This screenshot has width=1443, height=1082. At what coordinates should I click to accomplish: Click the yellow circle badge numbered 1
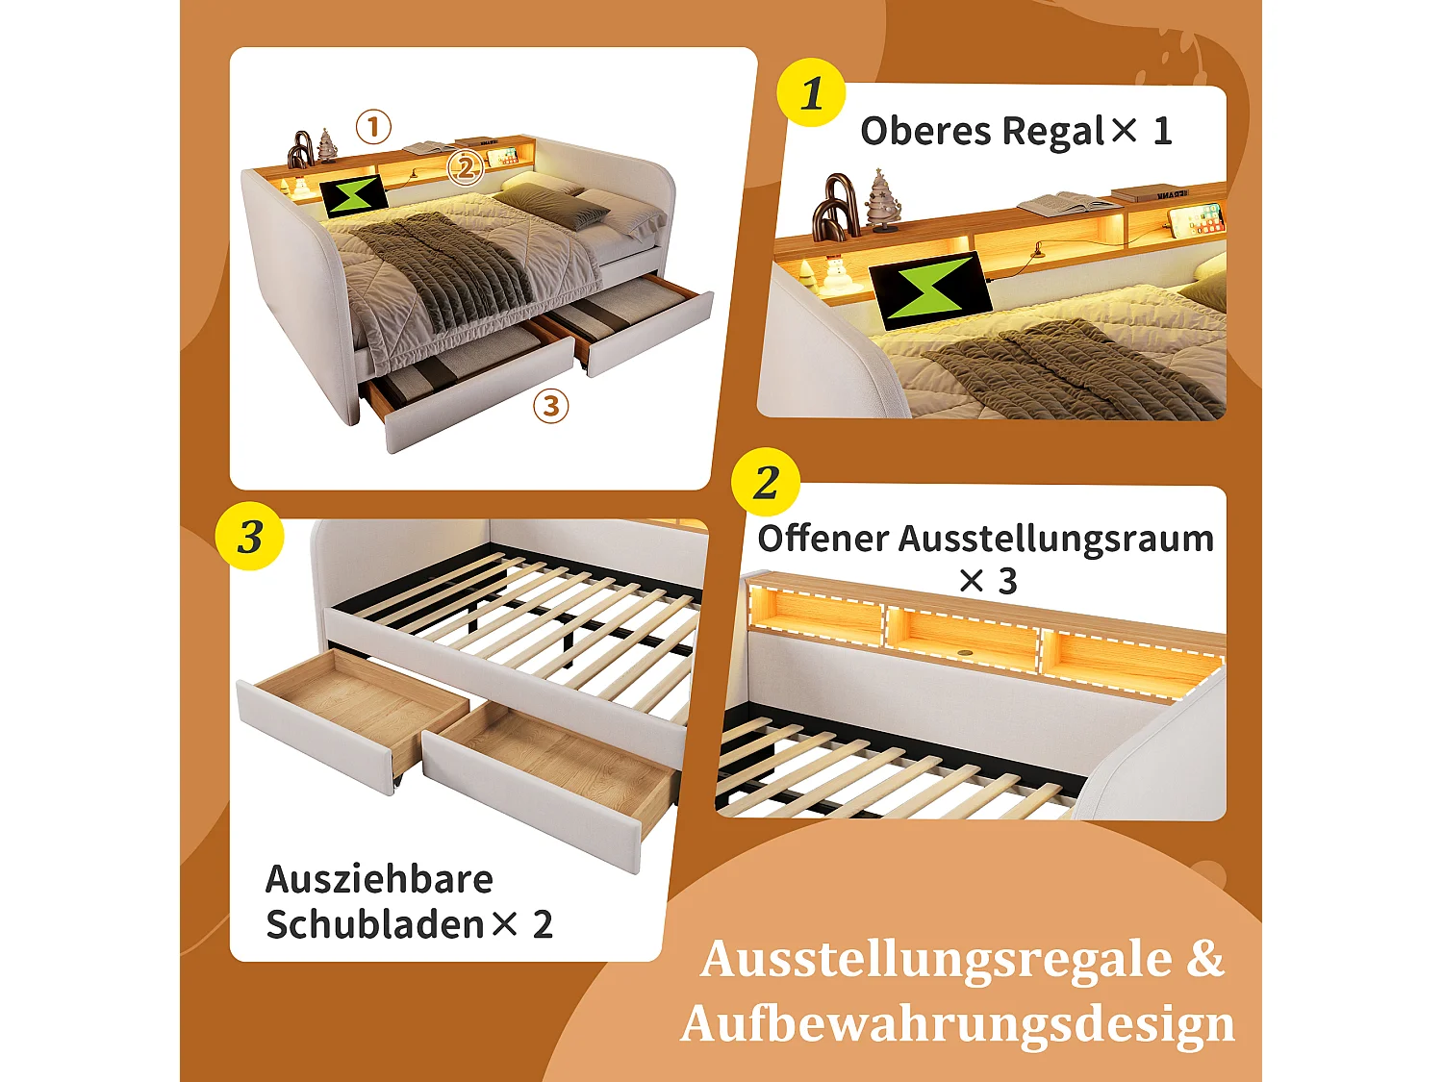811,93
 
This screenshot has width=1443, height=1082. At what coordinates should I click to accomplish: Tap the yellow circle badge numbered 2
766,482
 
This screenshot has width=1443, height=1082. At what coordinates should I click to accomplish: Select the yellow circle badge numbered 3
249,536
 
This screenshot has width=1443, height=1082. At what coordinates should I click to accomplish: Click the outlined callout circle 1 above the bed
373,127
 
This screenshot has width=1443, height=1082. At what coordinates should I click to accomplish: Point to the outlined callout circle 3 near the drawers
550,406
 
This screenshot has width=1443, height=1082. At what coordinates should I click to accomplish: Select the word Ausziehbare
379,879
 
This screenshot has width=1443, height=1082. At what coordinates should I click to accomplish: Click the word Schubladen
375,925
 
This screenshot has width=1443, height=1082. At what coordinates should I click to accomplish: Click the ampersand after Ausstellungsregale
1204,959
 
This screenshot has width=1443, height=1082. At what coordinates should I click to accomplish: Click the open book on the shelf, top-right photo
1067,204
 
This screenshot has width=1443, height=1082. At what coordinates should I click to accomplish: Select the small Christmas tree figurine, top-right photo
881,202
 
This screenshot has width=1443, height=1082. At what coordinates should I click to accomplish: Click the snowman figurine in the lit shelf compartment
834,275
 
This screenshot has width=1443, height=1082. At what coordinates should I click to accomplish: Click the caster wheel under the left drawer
394,786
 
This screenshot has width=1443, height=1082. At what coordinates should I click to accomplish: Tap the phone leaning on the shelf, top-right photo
1197,219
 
